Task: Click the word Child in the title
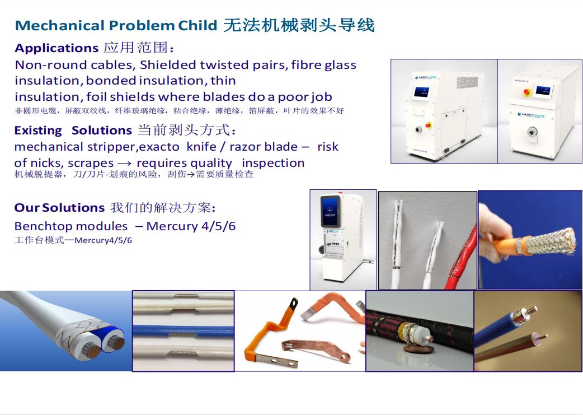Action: (x=197, y=25)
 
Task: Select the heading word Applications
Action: (x=57, y=48)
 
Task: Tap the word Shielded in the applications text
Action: (x=168, y=65)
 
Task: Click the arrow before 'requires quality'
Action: (x=125, y=164)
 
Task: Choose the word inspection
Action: (x=273, y=163)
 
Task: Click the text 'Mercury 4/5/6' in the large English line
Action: (x=191, y=226)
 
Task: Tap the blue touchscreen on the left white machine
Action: (x=422, y=91)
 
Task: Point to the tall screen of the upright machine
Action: (x=330, y=211)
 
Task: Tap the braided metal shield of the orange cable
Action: (x=551, y=241)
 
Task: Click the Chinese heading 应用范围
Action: (x=138, y=48)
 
